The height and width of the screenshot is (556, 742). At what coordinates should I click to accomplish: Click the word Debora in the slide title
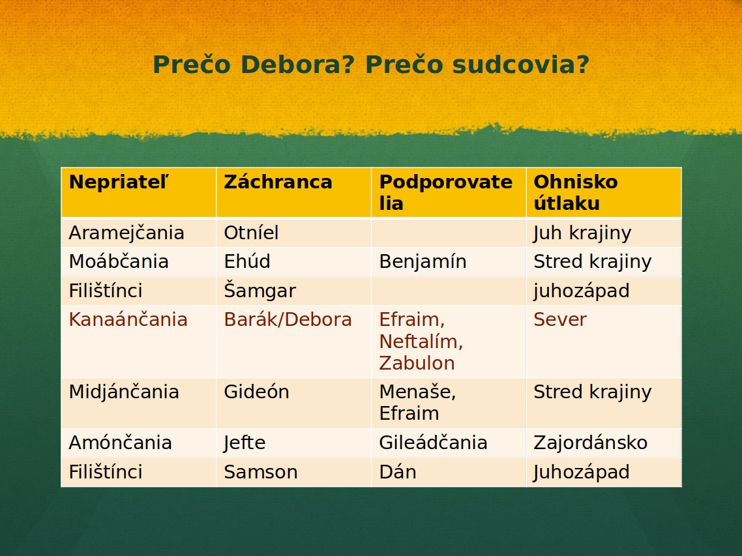click(x=297, y=65)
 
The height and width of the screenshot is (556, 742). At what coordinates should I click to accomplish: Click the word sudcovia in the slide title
click(x=520, y=65)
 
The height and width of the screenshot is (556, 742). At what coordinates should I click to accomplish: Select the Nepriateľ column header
click(x=119, y=182)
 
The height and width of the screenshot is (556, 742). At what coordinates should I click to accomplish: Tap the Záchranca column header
click(x=278, y=182)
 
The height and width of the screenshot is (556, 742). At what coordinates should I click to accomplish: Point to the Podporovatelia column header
click(x=446, y=192)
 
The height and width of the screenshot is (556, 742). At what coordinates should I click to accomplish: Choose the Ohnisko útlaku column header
click(x=576, y=192)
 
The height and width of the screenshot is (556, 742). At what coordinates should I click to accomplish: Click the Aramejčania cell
click(x=126, y=233)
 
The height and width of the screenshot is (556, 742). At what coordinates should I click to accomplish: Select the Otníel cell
click(x=251, y=233)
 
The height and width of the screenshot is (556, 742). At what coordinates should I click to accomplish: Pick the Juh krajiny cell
click(x=582, y=233)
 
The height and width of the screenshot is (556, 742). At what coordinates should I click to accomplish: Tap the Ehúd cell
click(x=247, y=261)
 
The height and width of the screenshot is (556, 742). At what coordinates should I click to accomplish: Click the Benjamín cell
click(x=423, y=262)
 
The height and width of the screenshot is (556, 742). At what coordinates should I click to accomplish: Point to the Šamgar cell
click(x=260, y=291)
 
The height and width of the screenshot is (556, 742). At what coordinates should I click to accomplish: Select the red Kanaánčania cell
click(x=128, y=319)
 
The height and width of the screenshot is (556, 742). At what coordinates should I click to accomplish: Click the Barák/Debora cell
click(x=288, y=319)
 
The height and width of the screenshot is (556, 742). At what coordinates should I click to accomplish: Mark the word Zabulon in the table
click(x=417, y=364)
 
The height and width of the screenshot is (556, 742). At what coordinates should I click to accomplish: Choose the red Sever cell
click(x=560, y=320)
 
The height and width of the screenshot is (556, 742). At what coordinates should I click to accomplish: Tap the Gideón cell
click(x=256, y=392)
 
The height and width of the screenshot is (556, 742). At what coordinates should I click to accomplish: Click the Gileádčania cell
click(x=433, y=443)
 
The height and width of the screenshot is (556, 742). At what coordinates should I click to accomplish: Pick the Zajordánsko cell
click(x=591, y=443)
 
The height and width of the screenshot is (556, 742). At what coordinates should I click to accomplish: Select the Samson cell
click(x=261, y=473)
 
